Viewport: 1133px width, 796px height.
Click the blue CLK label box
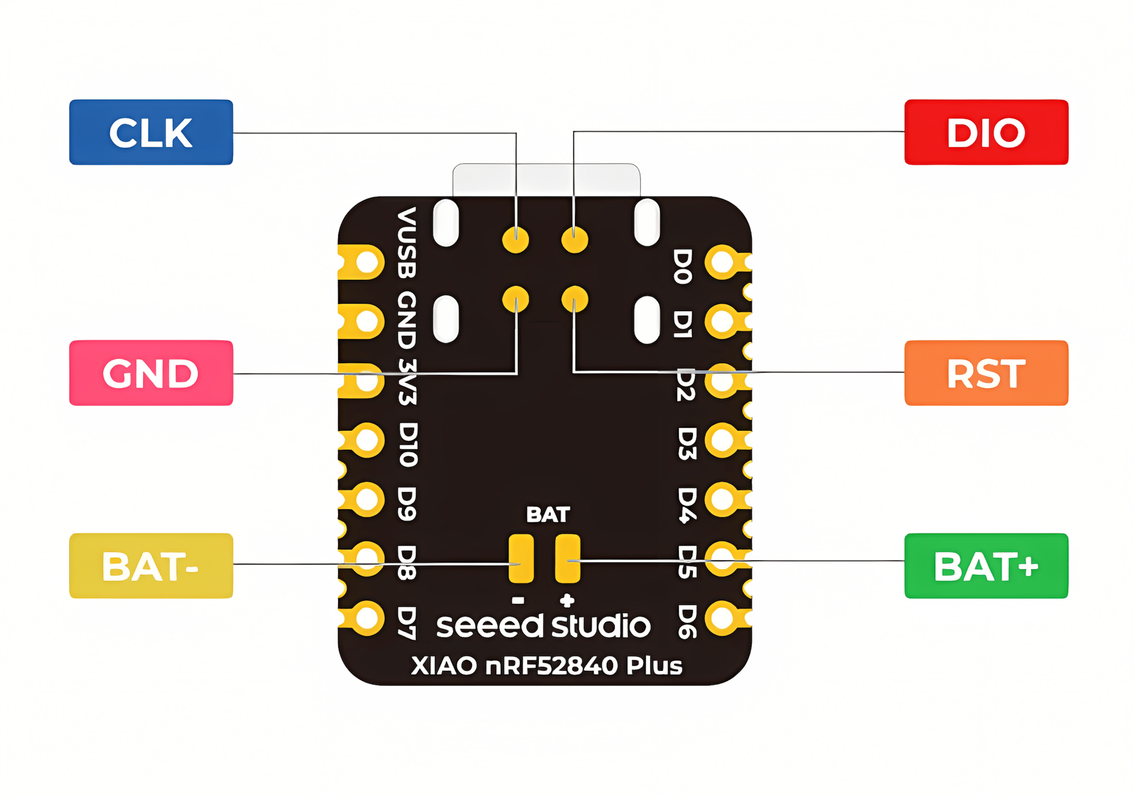coord(151,133)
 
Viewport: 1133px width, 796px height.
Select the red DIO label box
coord(986,133)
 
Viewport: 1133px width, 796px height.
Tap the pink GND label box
coord(151,373)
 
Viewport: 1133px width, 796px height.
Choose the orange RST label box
coord(986,373)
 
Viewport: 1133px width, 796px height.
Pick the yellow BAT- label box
coord(151,565)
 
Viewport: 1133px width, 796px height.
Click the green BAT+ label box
coord(986,565)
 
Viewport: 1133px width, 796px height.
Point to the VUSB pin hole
coord(367,262)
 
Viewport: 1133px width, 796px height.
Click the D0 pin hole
coord(723,262)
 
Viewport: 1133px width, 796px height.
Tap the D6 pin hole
coord(723,617)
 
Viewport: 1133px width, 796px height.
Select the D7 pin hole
coord(367,618)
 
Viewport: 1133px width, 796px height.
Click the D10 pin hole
coord(367,440)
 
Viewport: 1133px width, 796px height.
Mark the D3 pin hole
coord(723,440)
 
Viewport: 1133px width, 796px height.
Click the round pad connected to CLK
coord(516,240)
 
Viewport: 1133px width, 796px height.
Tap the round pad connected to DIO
coord(574,240)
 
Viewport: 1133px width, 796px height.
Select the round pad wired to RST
coord(574,299)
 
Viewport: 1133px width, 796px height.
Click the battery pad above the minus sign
coord(521,558)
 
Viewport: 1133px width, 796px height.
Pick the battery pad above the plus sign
coord(567,558)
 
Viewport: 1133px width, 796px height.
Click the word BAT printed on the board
coord(548,514)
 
